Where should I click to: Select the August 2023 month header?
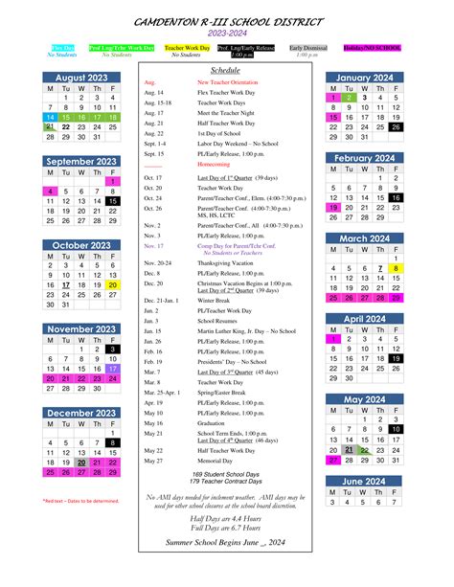coord(82,77)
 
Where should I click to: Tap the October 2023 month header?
coord(82,245)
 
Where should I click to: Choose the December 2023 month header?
coord(82,413)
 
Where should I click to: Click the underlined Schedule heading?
coord(226,71)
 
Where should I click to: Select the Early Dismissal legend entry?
coord(307,47)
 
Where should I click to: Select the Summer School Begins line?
coord(226,543)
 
